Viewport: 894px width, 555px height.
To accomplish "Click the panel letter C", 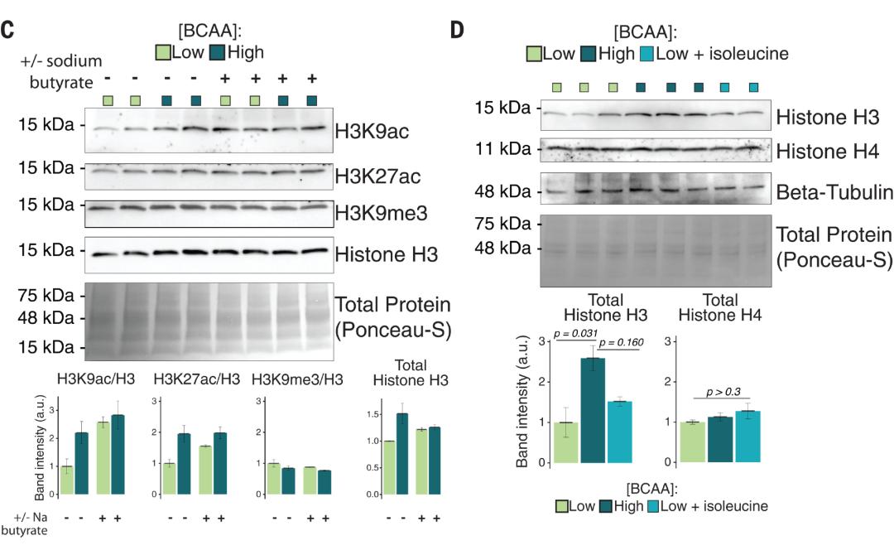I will pyautogui.click(x=7, y=31).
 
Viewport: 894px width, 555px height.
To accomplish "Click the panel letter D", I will pyautogui.click(x=456, y=31).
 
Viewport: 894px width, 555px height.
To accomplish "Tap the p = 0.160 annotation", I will pyautogui.click(x=621, y=342).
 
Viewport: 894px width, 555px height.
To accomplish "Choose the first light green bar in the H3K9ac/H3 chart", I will pyautogui.click(x=66, y=480).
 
